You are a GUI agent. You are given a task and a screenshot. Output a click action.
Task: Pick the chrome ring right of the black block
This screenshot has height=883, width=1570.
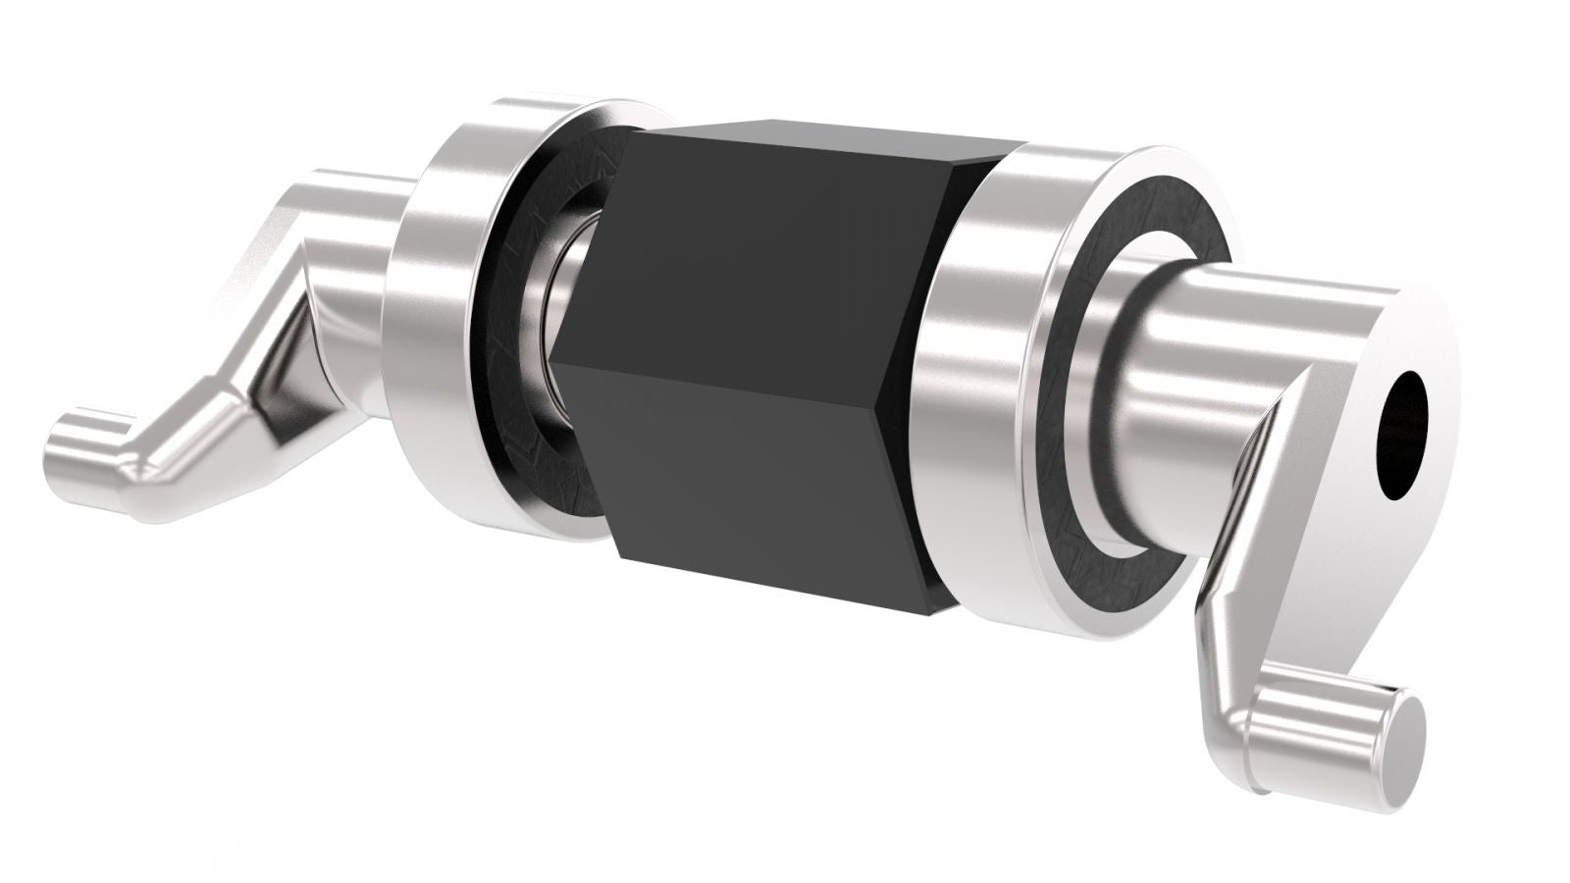click(991, 373)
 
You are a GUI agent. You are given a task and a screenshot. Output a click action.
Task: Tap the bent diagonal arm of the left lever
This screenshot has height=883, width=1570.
click(245, 392)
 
